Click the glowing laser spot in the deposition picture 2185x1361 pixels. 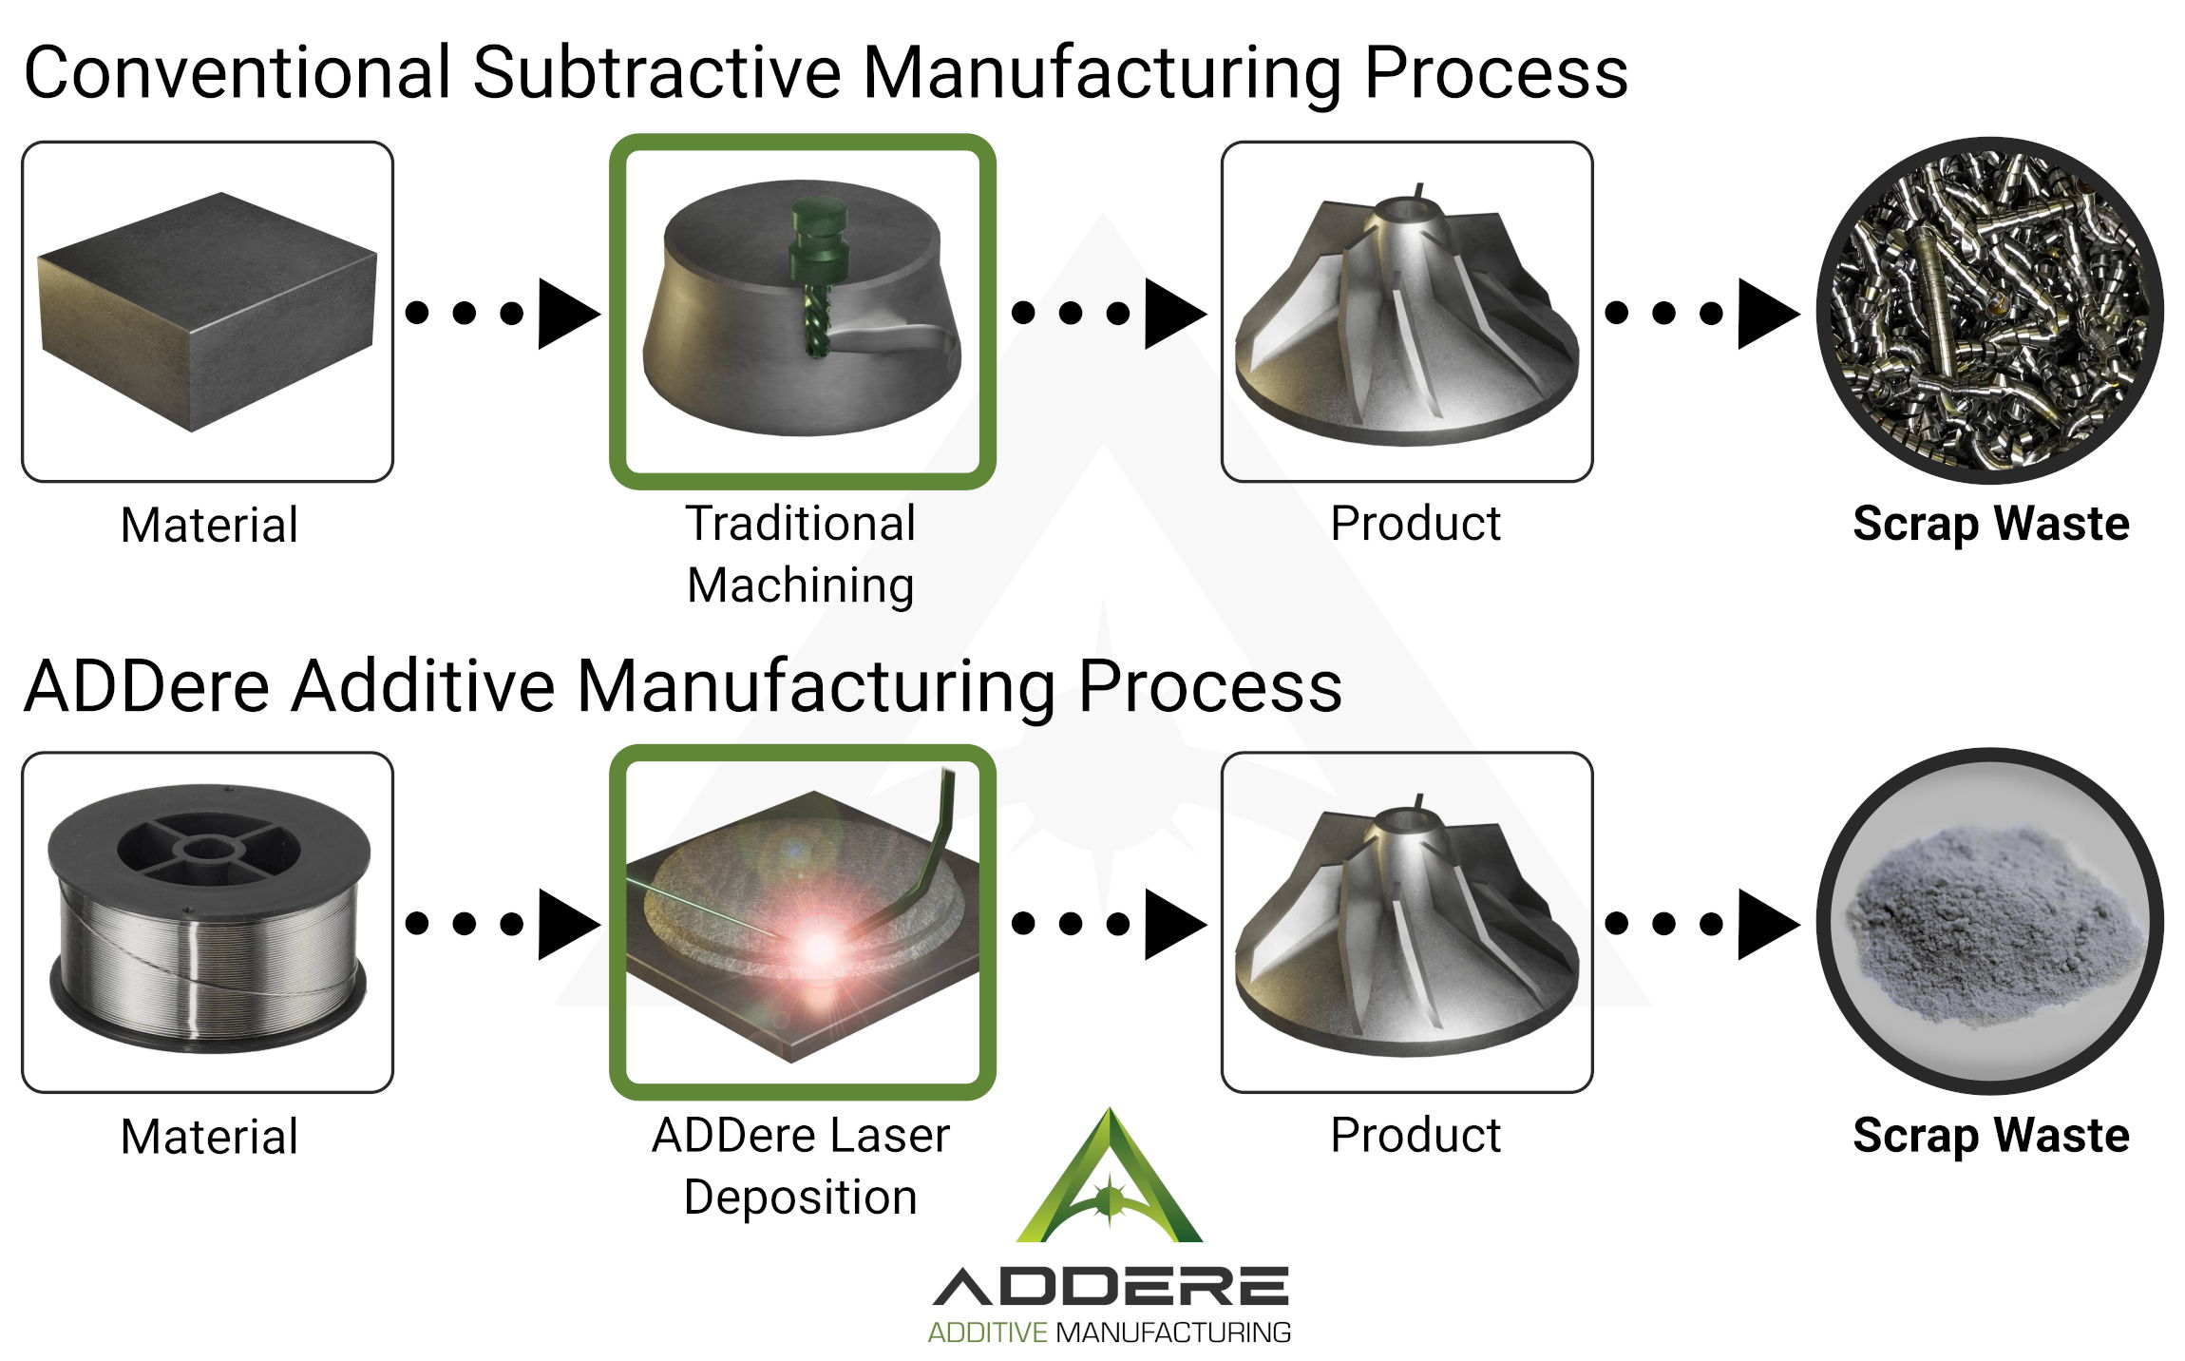click(x=819, y=947)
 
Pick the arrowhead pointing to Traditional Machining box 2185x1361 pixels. click(x=566, y=313)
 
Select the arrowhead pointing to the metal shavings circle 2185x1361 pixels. click(x=1765, y=313)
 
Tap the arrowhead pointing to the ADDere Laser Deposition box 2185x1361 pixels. click(x=566, y=923)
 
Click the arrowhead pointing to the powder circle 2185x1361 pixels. click(x=1765, y=923)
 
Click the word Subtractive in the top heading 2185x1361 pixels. click(x=656, y=73)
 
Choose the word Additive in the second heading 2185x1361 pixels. click(x=423, y=686)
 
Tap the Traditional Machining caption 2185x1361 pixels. click(x=801, y=554)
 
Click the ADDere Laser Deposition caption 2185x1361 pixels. click(x=801, y=1165)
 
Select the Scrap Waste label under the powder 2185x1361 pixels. click(x=1991, y=1136)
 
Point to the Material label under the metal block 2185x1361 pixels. click(x=209, y=525)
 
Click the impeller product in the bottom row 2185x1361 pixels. click(x=1406, y=922)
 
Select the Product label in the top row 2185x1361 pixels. click(x=1415, y=524)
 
